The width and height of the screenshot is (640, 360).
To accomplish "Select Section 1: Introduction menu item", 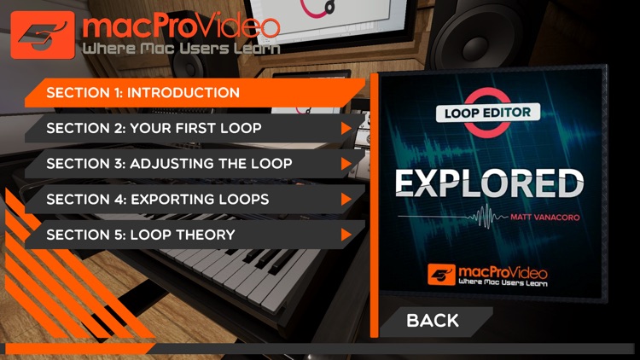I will (x=143, y=92).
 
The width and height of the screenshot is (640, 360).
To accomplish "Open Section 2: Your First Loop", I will (x=154, y=128).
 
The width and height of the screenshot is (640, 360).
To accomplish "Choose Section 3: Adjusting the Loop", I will (x=169, y=164).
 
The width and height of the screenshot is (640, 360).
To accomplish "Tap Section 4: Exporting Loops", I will (x=158, y=200).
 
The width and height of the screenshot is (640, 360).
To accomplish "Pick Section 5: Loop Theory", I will (x=141, y=235).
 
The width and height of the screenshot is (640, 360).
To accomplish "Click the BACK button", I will (x=433, y=321).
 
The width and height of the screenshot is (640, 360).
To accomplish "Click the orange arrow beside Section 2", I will (x=346, y=128).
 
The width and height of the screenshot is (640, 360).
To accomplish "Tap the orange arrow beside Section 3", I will (x=346, y=164).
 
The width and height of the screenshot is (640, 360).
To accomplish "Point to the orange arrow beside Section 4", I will (x=346, y=200).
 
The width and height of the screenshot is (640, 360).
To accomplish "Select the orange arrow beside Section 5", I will (x=346, y=235).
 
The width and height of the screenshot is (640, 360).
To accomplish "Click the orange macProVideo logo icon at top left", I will (x=42, y=35).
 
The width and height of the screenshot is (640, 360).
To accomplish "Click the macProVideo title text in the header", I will (x=180, y=26).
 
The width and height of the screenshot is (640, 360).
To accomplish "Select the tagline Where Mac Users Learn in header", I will (x=182, y=49).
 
